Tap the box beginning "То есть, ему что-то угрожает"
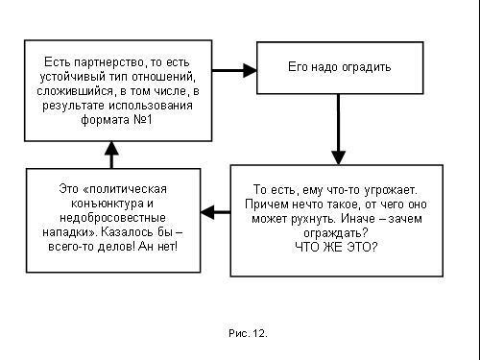tap(336, 221)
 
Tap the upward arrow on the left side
tap(112, 154)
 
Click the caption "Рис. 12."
tap(248, 333)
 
